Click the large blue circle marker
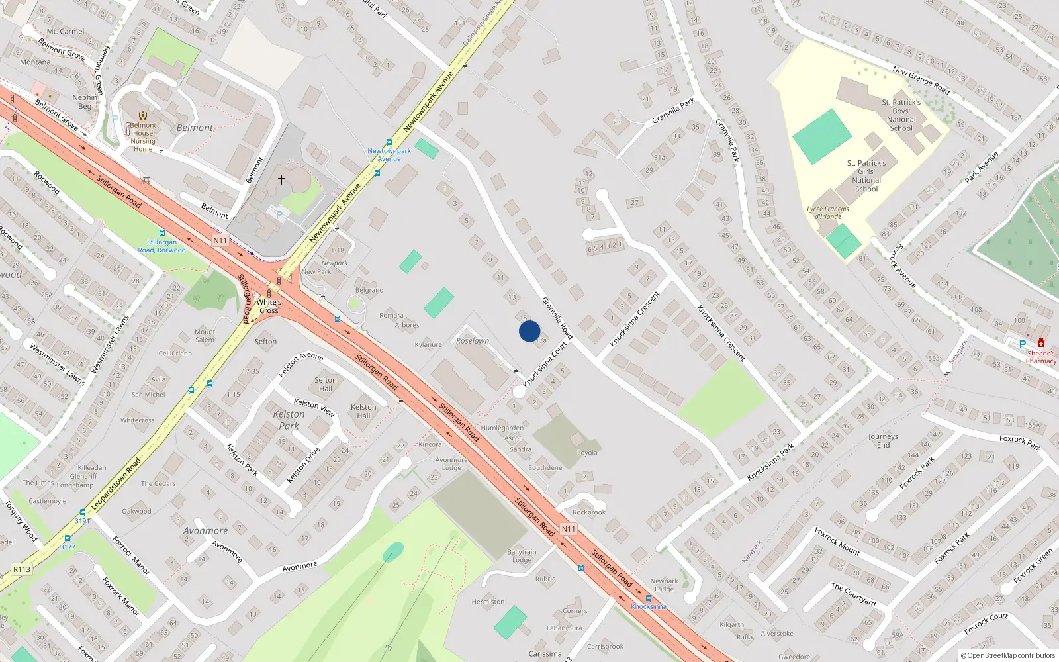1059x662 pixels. [529, 331]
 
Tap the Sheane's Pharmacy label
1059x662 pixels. [1040, 357]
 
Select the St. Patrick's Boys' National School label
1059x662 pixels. [901, 115]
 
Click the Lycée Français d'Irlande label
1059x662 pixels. [827, 213]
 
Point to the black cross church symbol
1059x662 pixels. [281, 180]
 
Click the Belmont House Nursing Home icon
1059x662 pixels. [142, 116]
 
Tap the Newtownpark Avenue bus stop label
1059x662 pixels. [389, 155]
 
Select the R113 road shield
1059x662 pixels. [22, 569]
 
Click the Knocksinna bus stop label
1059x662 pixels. [649, 606]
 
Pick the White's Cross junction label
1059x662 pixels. [269, 307]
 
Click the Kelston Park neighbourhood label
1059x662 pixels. [289, 420]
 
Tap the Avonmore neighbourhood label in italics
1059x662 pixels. [205, 531]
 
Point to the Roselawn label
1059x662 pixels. [473, 341]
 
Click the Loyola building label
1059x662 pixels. [587, 453]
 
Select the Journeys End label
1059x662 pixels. [883, 441]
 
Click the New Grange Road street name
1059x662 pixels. [921, 80]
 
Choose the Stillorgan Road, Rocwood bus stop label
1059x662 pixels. [161, 246]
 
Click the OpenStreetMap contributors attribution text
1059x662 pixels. [1008, 656]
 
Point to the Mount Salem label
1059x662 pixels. [205, 336]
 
